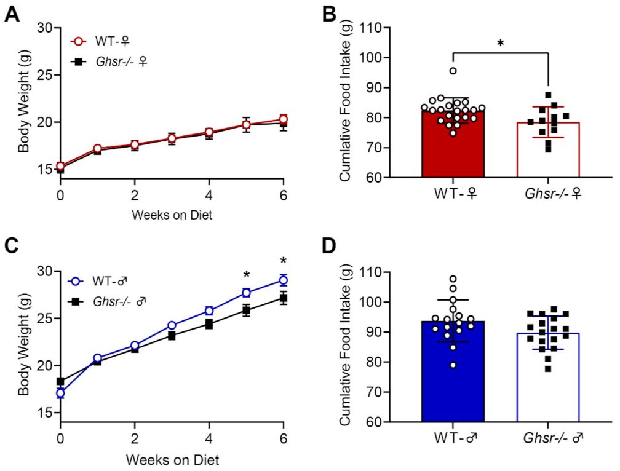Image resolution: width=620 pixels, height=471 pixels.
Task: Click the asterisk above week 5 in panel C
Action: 246,275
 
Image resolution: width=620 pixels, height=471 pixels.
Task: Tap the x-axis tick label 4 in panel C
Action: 209,441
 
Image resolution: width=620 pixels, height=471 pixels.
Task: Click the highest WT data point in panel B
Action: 453,71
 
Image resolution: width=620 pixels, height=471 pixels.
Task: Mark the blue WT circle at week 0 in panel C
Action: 60,393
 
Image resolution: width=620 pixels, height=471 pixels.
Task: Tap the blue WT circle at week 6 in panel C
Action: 283,280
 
